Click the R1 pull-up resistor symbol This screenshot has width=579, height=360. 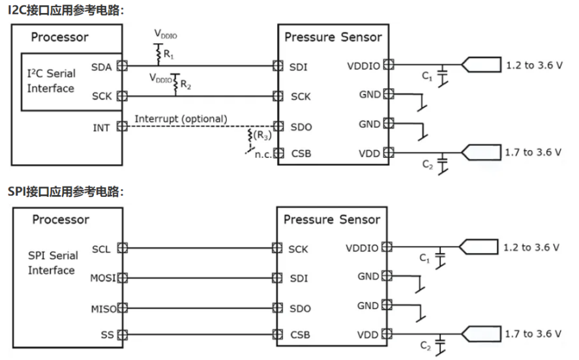pyautogui.click(x=157, y=54)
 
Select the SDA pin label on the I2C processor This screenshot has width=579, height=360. pyautogui.click(x=102, y=66)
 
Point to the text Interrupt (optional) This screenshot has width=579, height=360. pyautogui.click(x=181, y=119)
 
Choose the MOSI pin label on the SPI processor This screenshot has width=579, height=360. pyautogui.click(x=103, y=278)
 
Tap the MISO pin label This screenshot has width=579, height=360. pyautogui.click(x=103, y=308)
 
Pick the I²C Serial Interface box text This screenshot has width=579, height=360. pyautogui.click(x=51, y=81)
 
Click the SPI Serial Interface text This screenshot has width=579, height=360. pyautogui.click(x=52, y=263)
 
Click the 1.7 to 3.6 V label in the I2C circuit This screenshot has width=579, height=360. pyautogui.click(x=533, y=152)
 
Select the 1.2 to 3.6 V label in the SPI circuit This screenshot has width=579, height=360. pyautogui.click(x=532, y=247)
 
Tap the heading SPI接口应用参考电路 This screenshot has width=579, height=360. pyautogui.click(x=65, y=191)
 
